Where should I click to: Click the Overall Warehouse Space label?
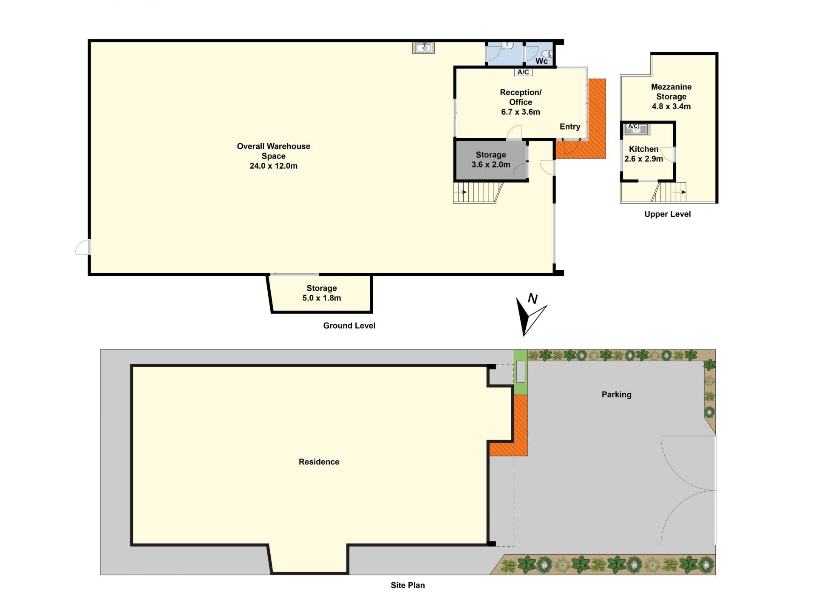point(273,156)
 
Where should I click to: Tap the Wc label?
point(541,61)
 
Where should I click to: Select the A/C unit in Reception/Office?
point(523,72)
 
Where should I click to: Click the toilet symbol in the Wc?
point(549,54)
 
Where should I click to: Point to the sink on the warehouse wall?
point(423,48)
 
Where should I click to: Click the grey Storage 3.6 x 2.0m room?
point(491,160)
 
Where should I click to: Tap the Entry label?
point(569,127)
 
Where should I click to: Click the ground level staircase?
point(478,193)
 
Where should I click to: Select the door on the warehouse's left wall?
point(82,247)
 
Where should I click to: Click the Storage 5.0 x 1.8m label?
point(322,293)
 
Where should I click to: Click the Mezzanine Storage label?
point(671,92)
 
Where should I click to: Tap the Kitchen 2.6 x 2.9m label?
point(643,154)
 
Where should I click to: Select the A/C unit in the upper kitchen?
point(632,126)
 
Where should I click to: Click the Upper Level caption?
point(667,214)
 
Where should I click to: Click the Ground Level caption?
point(349,326)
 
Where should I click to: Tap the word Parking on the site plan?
point(616,394)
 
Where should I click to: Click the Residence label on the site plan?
point(319,462)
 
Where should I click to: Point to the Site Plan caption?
point(408,585)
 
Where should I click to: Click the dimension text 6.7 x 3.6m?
point(521,112)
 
